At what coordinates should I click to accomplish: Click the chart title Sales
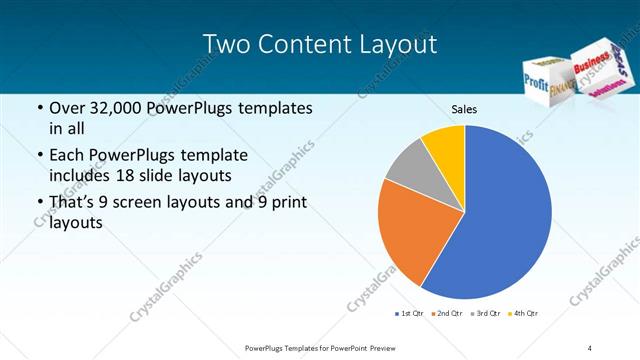tap(464, 109)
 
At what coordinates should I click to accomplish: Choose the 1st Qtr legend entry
tap(411, 314)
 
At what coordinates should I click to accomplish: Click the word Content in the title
tap(311, 44)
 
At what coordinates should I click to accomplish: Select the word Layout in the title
tap(398, 44)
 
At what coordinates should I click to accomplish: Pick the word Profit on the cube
tap(536, 88)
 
